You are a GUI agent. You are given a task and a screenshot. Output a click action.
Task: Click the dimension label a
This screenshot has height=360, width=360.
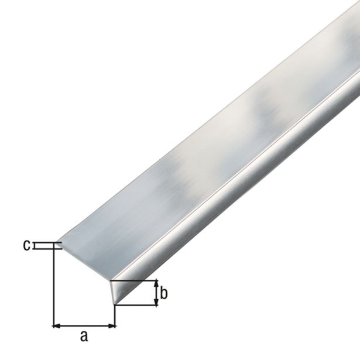pos(84,336)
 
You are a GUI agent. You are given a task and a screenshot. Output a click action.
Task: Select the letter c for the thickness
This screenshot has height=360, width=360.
pos(26,246)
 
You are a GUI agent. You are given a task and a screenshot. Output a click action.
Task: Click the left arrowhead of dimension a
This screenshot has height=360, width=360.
pos(57,324)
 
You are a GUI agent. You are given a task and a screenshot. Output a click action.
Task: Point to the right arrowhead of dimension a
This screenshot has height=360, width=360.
pos(112,324)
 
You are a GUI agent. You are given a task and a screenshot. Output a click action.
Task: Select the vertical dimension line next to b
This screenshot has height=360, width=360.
pos(156,293)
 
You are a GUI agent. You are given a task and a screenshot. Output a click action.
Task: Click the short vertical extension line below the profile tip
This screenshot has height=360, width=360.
pos(115,316)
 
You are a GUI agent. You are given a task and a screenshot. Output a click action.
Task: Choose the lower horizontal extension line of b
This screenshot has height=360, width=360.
pos(138,305)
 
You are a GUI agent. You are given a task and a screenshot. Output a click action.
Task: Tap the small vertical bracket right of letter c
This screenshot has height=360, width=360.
pos(35,246)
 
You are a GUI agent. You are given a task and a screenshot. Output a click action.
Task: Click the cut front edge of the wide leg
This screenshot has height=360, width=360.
pos(85,261)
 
